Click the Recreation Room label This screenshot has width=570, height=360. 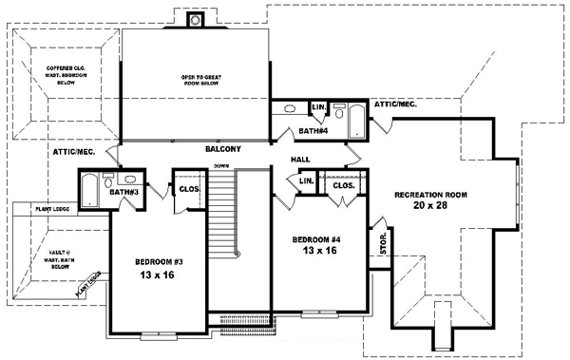pos(431,199)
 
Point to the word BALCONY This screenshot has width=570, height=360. pos(223,149)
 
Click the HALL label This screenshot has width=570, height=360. pos(300,160)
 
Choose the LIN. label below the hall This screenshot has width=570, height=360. pos(306,180)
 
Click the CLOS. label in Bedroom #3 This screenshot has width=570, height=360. pos(186,188)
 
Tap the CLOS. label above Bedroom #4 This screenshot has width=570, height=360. pos(344,185)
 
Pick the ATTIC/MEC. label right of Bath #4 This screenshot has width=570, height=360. pos(396,104)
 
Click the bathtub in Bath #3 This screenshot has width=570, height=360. pos(88,192)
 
